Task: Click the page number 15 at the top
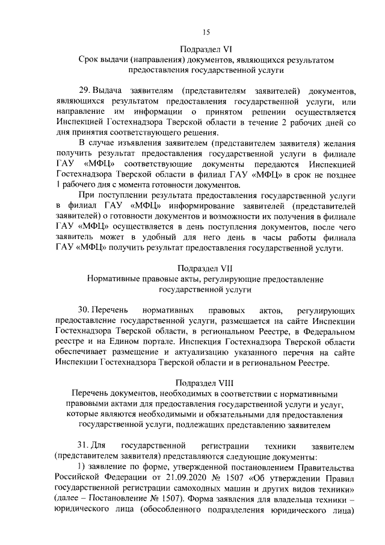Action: pyautogui.click(x=205, y=32)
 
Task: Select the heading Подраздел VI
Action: pyautogui.click(x=205, y=49)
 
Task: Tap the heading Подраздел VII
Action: pyautogui.click(x=205, y=268)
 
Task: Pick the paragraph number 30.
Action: pyautogui.click(x=85, y=310)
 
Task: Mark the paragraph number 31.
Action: pyautogui.click(x=85, y=446)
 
